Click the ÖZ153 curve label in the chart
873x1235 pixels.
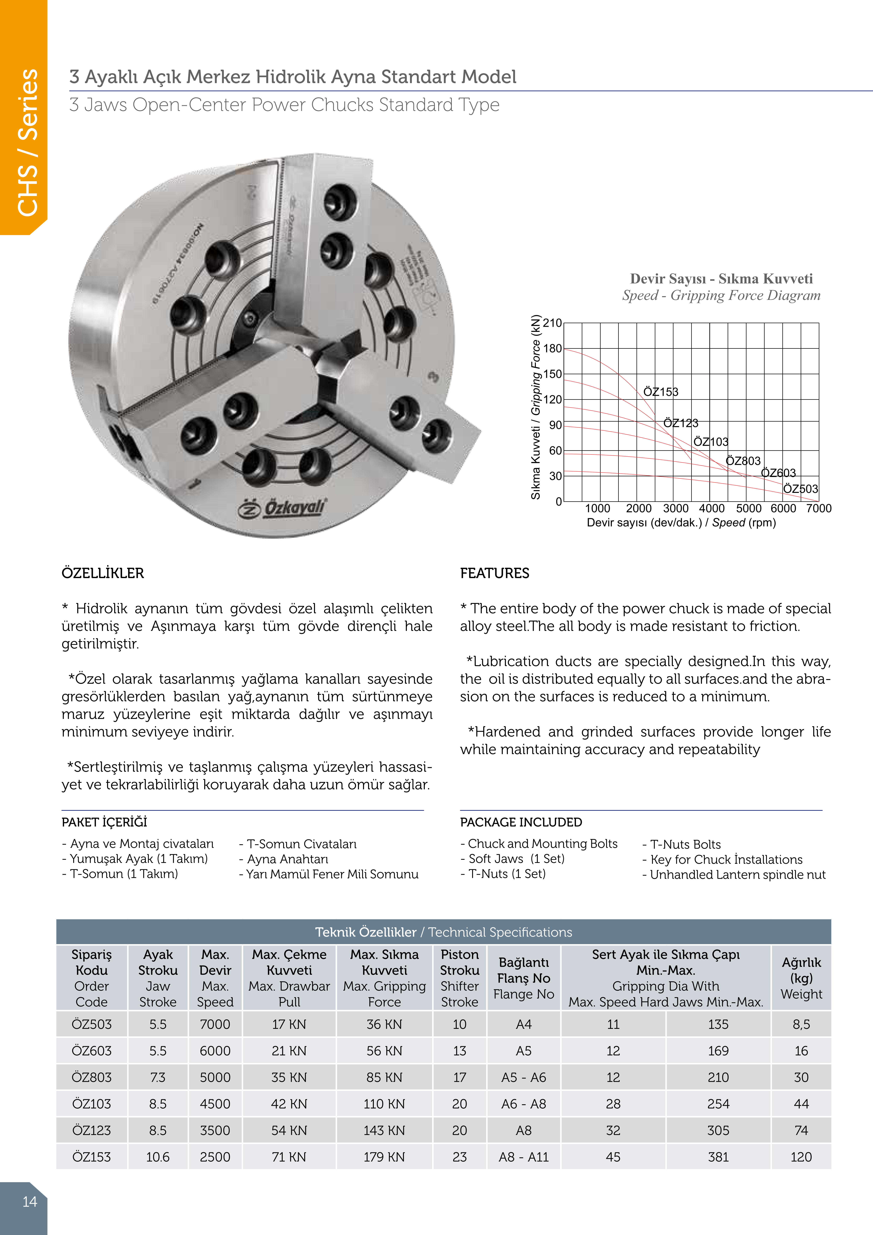click(x=661, y=392)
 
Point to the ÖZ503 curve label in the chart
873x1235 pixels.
click(x=800, y=489)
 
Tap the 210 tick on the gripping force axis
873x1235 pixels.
click(x=552, y=323)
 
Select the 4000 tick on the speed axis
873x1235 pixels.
click(x=712, y=508)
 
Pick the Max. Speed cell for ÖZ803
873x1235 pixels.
click(x=215, y=1077)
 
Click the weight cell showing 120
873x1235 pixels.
click(x=801, y=1157)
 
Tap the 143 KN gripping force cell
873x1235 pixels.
click(x=384, y=1131)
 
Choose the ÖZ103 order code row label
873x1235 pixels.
click(x=92, y=1104)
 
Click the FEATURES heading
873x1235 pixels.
click(x=494, y=573)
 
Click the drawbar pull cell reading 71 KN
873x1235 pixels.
click(x=289, y=1157)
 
